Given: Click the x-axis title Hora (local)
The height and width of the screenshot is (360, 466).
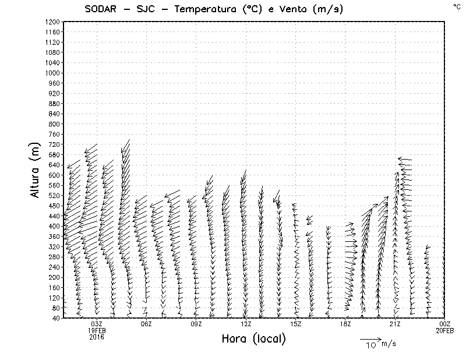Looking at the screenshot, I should coord(253,339).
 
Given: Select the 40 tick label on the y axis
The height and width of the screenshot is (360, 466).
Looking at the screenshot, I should coord(56,317).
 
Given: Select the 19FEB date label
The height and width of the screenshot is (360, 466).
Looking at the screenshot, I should coord(97,330).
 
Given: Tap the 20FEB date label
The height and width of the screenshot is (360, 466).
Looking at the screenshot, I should coord(445,330).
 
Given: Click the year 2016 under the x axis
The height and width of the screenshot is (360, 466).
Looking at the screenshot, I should coord(97,337).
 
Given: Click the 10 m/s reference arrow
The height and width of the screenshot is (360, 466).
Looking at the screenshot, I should coord(370,339).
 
